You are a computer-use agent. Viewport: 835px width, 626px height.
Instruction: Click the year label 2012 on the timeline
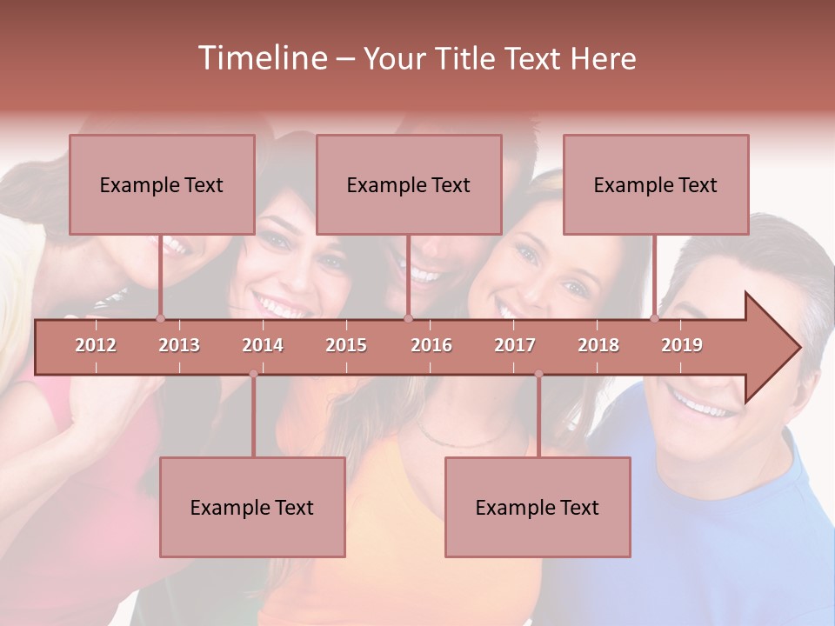(96, 345)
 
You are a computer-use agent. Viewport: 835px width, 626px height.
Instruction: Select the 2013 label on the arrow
(179, 345)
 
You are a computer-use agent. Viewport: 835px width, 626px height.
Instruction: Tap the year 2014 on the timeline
(263, 345)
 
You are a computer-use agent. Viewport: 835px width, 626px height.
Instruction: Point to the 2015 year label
(346, 345)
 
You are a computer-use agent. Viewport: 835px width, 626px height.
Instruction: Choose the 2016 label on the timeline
(431, 345)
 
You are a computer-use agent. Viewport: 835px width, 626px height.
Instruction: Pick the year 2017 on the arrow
(515, 345)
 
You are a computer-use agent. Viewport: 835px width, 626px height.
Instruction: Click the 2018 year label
(598, 345)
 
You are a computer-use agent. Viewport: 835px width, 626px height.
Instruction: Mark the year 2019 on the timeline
(682, 345)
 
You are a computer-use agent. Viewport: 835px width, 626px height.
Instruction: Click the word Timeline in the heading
(261, 58)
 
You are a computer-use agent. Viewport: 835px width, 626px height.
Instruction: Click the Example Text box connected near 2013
(162, 184)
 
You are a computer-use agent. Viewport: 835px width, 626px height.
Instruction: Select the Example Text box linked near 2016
(409, 184)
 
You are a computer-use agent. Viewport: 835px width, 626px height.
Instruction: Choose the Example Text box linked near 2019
(656, 184)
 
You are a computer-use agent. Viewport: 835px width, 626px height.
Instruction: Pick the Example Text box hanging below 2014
(252, 507)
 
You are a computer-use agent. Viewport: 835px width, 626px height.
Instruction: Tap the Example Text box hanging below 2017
(538, 507)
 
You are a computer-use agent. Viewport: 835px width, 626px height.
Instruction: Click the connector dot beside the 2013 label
(160, 318)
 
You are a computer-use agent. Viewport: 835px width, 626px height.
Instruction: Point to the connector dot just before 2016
(408, 318)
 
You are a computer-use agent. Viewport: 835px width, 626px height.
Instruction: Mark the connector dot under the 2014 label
(253, 374)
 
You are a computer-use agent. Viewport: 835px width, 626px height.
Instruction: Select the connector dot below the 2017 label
(538, 374)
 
